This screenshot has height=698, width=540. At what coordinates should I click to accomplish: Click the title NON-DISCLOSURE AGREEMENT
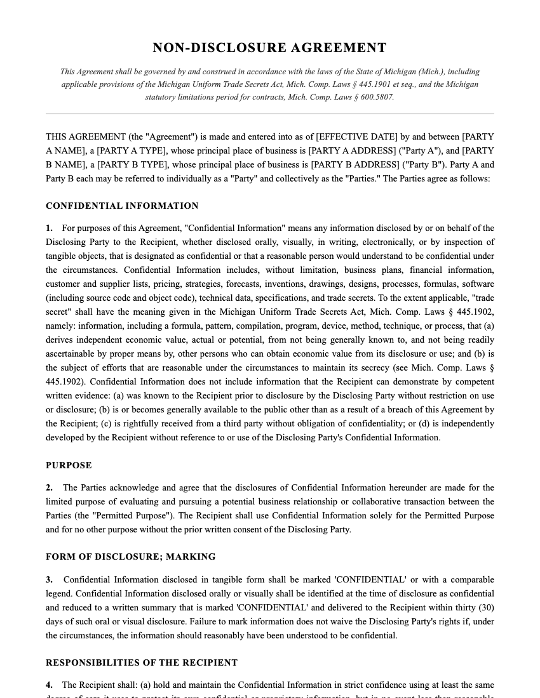[x=269, y=48]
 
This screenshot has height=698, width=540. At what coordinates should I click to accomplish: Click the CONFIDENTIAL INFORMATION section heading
[x=122, y=206]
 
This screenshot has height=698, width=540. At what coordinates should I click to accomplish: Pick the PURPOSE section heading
[x=69, y=465]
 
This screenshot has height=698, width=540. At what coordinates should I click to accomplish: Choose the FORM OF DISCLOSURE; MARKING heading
[x=130, y=556]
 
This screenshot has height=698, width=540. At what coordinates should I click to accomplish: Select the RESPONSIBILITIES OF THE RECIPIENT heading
[x=142, y=662]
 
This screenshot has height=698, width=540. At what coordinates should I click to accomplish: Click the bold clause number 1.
[x=50, y=228]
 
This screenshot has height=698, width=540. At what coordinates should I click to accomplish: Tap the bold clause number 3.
[x=50, y=579]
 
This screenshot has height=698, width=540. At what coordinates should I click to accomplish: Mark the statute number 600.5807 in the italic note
[x=377, y=97]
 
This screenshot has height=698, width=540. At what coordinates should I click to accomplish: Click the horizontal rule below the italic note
[x=269, y=114]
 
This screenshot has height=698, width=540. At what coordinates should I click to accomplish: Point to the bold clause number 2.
[x=50, y=487]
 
